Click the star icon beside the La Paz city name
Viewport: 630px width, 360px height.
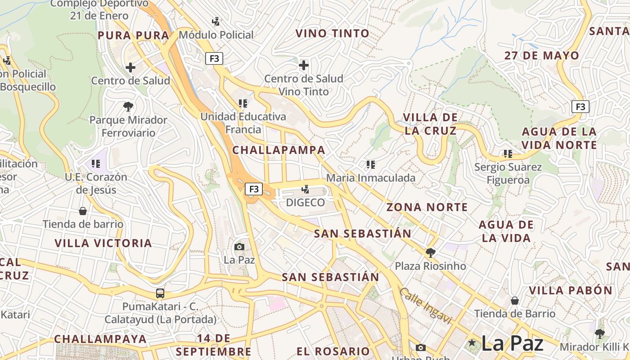(472, 343)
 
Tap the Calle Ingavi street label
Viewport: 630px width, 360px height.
(425, 306)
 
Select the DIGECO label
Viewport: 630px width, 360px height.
(306, 202)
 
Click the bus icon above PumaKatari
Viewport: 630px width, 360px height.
(160, 293)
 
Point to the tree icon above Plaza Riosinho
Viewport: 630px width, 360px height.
(430, 252)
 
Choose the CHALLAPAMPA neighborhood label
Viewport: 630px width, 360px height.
(279, 150)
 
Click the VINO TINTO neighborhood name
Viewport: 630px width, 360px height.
(332, 33)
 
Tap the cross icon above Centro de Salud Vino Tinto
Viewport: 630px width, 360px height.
(304, 65)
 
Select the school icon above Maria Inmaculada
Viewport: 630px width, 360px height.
(370, 165)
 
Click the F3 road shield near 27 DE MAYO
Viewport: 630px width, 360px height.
(580, 107)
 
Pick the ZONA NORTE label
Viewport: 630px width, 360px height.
(427, 207)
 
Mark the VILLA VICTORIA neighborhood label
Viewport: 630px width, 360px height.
(103, 243)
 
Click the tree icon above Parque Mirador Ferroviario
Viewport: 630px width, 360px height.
(128, 107)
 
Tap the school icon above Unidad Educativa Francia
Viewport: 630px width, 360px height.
(243, 103)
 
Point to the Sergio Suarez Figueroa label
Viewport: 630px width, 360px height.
(508, 174)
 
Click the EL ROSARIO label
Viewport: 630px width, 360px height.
(333, 351)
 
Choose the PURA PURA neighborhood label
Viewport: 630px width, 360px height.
(133, 36)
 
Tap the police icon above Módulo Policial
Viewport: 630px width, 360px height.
(216, 21)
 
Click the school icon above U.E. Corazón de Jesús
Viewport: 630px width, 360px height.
(95, 163)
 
